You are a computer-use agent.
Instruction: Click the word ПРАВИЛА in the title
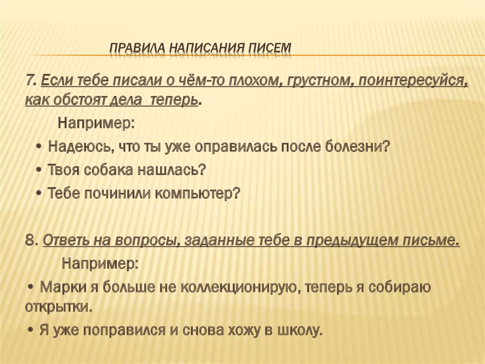pyautogui.click(x=138, y=48)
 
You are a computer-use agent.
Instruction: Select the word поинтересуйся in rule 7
pyautogui.click(x=413, y=82)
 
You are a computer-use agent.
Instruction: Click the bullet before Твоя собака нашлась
pyautogui.click(x=39, y=170)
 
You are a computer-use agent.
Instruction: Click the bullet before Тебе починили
pyautogui.click(x=39, y=194)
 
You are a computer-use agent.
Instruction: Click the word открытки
pyautogui.click(x=59, y=307)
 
